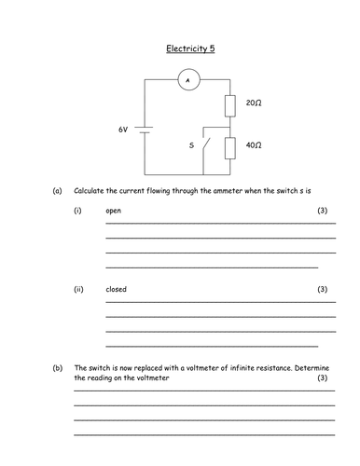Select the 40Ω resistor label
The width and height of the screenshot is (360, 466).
[254, 146]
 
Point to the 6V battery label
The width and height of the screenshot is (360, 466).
[123, 130]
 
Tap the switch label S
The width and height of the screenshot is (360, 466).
[191, 146]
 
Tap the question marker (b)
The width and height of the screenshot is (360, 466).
[57, 367]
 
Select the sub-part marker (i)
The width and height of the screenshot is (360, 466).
[78, 212]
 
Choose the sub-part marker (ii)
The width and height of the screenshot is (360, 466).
[78, 289]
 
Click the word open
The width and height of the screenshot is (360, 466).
[113, 212]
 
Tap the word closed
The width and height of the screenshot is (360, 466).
[116, 289]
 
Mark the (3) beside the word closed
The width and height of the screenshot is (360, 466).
[323, 289]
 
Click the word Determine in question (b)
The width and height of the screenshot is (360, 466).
[309, 367]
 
